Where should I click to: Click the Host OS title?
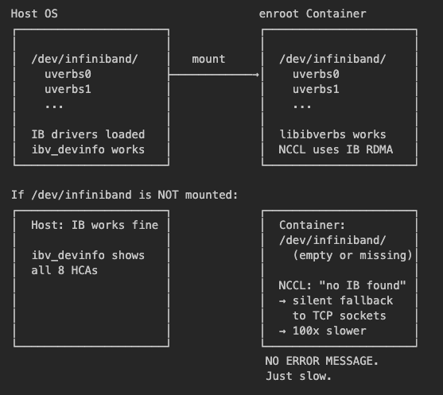34,14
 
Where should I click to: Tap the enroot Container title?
313,14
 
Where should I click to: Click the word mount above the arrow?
208,59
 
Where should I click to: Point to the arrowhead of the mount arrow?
258,75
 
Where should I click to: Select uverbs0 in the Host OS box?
68,74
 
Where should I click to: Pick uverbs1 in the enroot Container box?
316,89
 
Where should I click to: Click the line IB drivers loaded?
87,134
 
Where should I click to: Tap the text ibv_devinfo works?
87,149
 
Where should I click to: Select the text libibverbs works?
332,134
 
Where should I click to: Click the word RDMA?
379,149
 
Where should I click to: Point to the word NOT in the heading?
168,195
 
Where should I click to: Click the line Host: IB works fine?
95,225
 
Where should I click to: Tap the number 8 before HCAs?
61,270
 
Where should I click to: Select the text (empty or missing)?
352,255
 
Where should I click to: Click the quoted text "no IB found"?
363,285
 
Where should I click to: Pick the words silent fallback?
343,300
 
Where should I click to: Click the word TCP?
322,316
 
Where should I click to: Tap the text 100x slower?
329,331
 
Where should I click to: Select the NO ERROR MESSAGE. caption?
321,361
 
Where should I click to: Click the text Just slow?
298,376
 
